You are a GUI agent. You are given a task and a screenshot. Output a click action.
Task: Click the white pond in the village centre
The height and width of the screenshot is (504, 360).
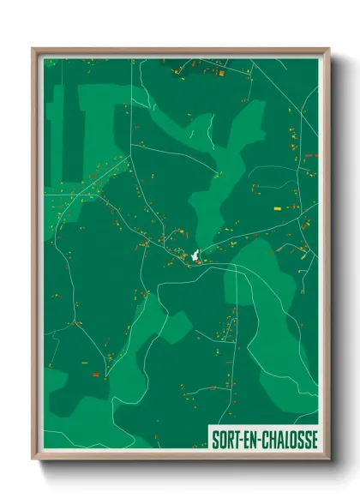click(x=195, y=255)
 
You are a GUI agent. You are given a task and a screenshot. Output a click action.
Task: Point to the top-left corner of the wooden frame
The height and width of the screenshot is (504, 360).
click(x=33, y=48)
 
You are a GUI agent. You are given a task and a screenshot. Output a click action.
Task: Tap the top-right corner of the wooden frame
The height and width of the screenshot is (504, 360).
click(x=329, y=48)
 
